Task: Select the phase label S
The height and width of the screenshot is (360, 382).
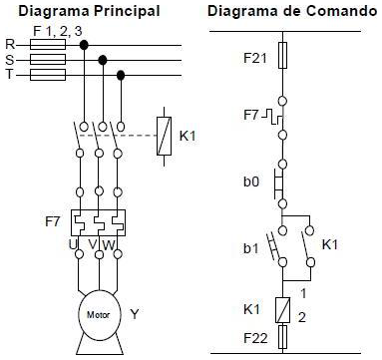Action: click(10, 60)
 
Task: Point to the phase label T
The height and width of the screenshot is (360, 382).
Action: click(10, 75)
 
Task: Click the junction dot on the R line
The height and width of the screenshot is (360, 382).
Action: click(84, 45)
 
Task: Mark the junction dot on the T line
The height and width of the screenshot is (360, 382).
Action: click(121, 75)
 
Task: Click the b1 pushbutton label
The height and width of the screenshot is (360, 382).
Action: click(252, 242)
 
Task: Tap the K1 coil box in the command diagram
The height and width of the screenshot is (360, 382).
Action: click(285, 310)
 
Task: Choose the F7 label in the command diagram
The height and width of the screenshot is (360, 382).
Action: click(250, 117)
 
